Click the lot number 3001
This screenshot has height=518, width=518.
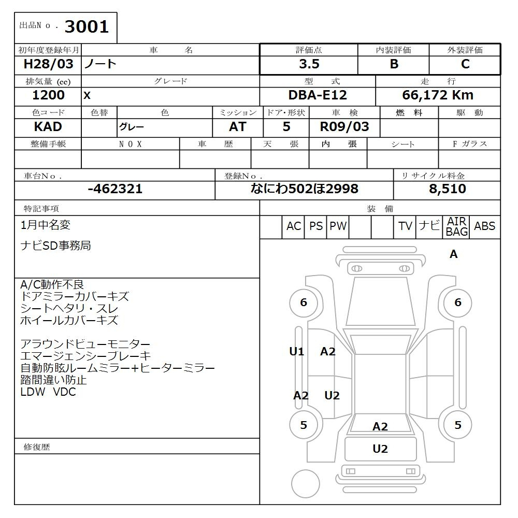tap(87, 27)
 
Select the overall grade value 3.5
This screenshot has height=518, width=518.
tap(309, 64)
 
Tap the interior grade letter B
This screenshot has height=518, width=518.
tap(394, 64)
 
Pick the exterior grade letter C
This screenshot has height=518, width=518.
tap(465, 64)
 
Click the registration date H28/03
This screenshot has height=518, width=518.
tap(48, 64)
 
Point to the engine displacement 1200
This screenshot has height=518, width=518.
tap(48, 95)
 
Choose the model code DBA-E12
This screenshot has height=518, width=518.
tap(318, 95)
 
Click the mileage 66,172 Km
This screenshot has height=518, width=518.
tap(438, 95)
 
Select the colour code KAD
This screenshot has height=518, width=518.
tap(48, 127)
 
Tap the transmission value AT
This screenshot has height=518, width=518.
tap(237, 127)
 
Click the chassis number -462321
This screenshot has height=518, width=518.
tap(115, 189)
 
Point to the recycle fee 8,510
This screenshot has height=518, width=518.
tap(447, 189)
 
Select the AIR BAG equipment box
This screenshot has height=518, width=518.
tap(457, 227)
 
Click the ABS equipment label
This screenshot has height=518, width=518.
tap(484, 226)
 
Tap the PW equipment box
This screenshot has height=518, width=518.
tap(338, 226)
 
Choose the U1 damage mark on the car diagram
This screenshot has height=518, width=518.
tap(296, 352)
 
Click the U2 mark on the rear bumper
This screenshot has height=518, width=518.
tap(380, 449)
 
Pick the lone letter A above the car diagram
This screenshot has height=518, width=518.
tap(454, 254)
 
